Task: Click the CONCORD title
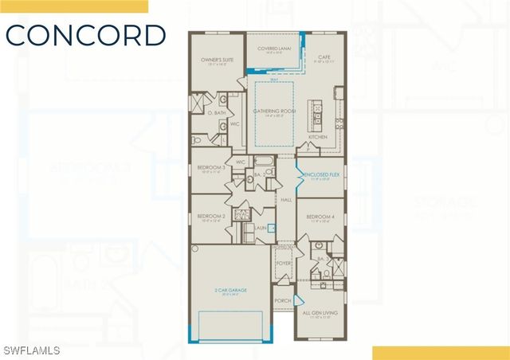[x=86, y=35]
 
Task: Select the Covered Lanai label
[x=273, y=49]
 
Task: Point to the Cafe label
[x=324, y=57]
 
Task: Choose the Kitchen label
[x=318, y=137]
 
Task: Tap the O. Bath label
[x=216, y=112]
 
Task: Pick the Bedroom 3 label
[x=210, y=168]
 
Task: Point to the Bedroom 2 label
[x=210, y=216]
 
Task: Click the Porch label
[x=282, y=301]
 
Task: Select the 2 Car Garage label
[x=229, y=291]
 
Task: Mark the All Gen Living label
[x=320, y=313]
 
